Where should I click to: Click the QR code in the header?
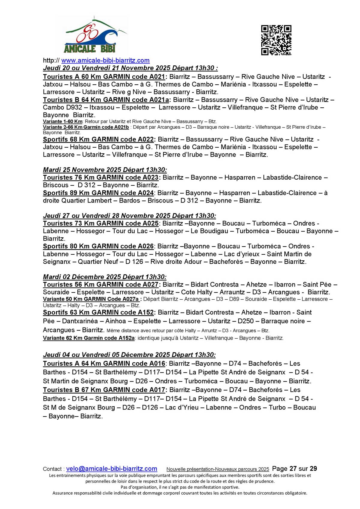point(276,40)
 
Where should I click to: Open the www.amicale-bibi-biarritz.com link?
point(105,61)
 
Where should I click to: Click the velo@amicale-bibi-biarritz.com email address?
point(112,469)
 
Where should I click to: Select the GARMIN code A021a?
point(159,100)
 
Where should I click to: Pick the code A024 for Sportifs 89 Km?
point(145,193)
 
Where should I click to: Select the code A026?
point(145,246)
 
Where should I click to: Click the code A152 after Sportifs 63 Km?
point(146,313)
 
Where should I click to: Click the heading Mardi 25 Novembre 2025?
point(105,170)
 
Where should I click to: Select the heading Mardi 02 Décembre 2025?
point(104,277)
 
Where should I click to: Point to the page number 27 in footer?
point(293,469)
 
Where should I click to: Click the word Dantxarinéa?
point(80,321)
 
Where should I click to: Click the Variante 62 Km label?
point(62,338)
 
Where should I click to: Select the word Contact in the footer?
point(52,469)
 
